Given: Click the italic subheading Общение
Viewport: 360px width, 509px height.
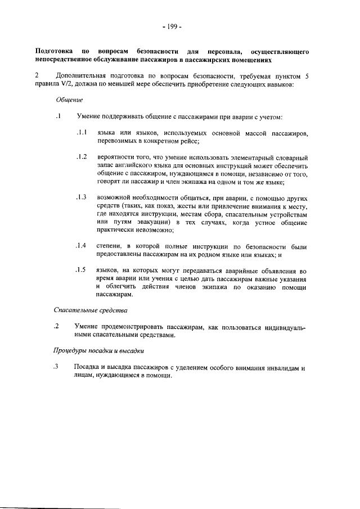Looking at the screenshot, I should pos(69,100).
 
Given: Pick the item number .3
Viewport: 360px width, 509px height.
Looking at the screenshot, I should pos(56,367).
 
